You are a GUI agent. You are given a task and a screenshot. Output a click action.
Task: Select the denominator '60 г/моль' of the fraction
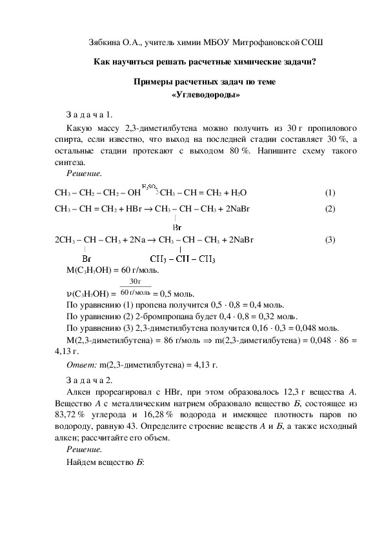click(136, 292)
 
